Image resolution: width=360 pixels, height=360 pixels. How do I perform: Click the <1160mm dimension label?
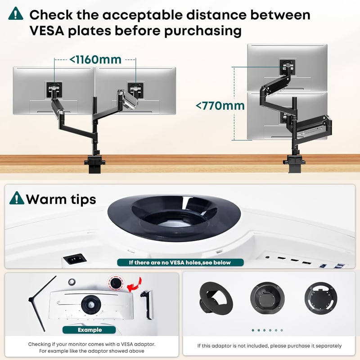95,60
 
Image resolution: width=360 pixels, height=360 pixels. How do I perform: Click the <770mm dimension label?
220,106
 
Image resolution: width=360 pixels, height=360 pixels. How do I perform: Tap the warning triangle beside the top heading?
16,13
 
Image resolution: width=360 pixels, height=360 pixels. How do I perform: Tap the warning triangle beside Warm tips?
17,198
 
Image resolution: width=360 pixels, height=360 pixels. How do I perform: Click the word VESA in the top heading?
47,31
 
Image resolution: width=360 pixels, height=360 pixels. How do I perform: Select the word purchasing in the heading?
203,31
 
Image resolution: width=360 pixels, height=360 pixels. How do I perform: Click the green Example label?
89,330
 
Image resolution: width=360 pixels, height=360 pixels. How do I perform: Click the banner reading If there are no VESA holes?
180,262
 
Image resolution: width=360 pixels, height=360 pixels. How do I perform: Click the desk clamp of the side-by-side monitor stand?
94,163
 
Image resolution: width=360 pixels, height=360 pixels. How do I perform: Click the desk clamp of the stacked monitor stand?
294,163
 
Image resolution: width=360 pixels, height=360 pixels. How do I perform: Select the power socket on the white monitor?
75,259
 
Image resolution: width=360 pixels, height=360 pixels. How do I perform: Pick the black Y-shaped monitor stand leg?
42,303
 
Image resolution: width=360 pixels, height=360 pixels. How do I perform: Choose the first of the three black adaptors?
216,299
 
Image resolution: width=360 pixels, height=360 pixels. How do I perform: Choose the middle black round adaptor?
267,298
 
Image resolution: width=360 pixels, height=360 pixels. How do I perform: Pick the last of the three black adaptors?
321,298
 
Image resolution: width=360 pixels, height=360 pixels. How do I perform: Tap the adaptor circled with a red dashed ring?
116,283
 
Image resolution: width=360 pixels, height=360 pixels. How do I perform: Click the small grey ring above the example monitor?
72,282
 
